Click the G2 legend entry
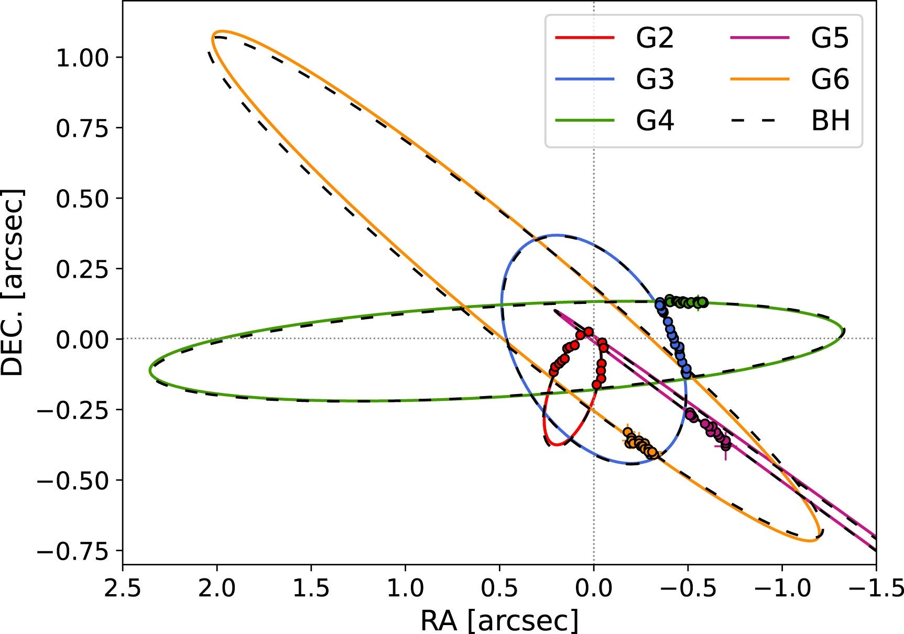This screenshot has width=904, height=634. [655, 38]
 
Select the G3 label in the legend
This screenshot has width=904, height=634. [655, 80]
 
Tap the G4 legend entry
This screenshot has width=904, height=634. [655, 121]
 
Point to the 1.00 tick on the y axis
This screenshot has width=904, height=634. [82, 57]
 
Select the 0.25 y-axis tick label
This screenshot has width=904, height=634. [82, 269]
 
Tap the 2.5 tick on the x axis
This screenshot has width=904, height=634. [123, 588]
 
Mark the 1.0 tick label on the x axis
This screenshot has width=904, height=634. [405, 588]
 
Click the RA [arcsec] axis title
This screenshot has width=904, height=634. [499, 621]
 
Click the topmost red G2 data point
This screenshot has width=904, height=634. [589, 332]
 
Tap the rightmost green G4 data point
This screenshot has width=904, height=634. [704, 302]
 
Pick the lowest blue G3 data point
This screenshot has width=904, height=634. [687, 374]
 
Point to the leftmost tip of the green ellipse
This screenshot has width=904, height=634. [150, 370]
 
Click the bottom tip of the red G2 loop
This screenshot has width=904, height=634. [556, 445]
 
